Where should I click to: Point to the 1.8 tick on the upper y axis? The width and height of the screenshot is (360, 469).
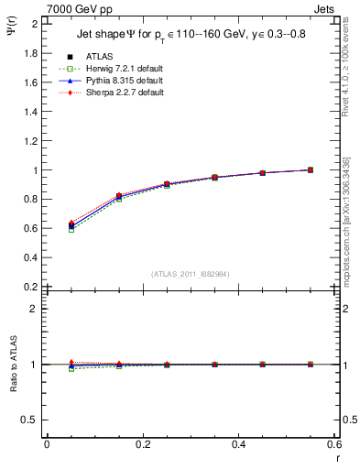click(x=31, y=53)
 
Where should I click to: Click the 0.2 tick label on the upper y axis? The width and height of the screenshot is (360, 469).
click(x=31, y=287)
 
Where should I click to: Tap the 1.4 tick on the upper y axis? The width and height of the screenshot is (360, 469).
click(x=31, y=112)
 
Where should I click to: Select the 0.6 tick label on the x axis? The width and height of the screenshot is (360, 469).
click(x=333, y=444)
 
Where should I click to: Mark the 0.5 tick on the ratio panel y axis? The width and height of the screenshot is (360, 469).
click(x=31, y=420)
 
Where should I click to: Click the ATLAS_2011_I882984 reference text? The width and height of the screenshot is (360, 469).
click(x=191, y=274)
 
